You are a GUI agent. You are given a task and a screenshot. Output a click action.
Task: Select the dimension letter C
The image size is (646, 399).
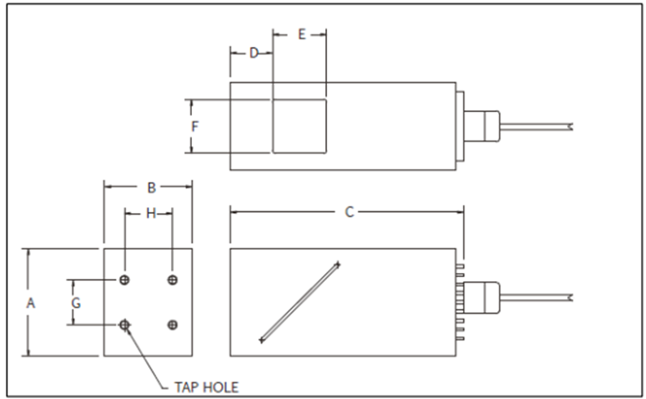(349, 212)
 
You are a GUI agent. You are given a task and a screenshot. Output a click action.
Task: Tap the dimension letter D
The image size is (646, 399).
(253, 54)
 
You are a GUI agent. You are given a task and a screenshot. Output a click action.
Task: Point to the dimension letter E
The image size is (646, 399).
(301, 34)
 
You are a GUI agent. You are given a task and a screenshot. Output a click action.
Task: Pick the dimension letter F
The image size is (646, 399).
(194, 127)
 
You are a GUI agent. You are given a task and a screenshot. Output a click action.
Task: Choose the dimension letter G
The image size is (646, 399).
(76, 302)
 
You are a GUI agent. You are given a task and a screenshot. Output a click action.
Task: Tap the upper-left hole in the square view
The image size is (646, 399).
(124, 280)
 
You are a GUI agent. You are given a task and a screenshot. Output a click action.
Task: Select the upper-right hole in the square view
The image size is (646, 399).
(172, 280)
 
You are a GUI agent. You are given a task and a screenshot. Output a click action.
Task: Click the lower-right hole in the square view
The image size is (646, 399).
(172, 325)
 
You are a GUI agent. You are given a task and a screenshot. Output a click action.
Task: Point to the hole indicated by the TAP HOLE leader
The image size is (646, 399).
(124, 325)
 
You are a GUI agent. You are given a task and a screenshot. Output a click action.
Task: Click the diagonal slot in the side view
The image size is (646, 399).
(299, 302)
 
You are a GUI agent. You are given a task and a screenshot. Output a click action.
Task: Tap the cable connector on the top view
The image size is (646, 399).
(485, 126)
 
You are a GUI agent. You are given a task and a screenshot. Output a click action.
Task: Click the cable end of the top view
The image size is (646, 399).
(571, 126)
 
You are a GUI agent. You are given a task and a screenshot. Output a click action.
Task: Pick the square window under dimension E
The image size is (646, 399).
(299, 127)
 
